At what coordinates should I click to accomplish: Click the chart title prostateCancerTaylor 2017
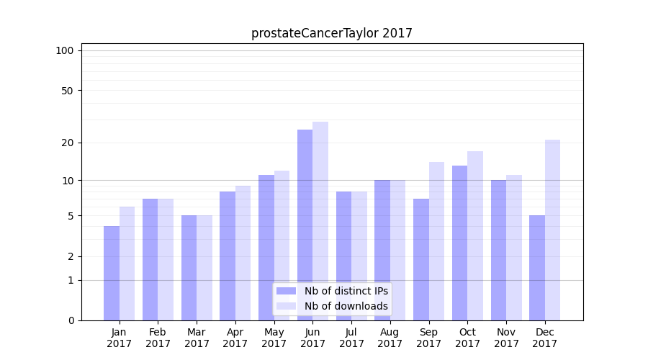point(331,33)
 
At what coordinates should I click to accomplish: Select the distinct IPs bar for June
point(305,225)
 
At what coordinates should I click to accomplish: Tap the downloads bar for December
point(552,230)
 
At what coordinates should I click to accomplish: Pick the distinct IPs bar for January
point(112,273)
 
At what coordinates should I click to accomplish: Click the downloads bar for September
point(436,241)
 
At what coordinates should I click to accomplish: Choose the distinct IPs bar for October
point(459,243)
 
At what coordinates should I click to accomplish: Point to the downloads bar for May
point(282,246)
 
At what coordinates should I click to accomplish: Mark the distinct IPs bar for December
point(537,268)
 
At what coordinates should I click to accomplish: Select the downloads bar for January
point(127,264)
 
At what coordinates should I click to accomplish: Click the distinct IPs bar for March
point(189,268)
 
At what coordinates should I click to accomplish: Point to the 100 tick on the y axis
point(65,50)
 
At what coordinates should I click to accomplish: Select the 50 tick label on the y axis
point(67,91)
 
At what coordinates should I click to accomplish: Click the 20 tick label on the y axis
point(67,143)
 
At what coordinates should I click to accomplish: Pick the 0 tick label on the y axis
point(71,320)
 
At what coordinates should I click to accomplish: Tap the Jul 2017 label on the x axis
point(351,338)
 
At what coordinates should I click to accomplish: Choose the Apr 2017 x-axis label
point(235,338)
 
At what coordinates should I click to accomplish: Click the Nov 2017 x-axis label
point(506,338)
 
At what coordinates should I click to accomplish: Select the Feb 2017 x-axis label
point(158,338)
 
